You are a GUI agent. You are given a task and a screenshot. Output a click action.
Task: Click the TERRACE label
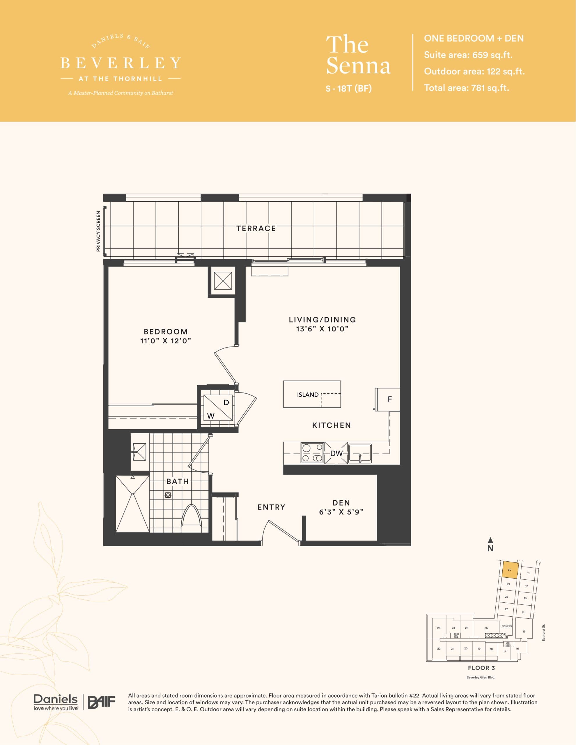click(256, 228)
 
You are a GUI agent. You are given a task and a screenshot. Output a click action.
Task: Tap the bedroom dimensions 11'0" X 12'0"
click(166, 341)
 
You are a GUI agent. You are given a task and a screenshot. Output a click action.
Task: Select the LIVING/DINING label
click(322, 320)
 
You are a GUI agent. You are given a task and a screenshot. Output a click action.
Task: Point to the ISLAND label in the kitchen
click(307, 395)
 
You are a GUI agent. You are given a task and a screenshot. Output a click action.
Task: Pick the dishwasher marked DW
click(336, 453)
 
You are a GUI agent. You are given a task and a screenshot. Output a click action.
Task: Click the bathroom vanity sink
click(139, 452)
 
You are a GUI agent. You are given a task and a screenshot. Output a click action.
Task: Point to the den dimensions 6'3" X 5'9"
click(341, 512)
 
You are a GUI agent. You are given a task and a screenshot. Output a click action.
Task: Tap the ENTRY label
click(271, 507)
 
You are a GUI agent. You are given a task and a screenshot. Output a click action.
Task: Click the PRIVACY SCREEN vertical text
click(98, 231)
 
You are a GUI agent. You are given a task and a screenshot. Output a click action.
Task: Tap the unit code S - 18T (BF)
click(348, 89)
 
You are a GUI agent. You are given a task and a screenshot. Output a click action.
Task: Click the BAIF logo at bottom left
click(102, 702)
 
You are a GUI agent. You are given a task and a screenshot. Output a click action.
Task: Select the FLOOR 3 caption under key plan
click(481, 668)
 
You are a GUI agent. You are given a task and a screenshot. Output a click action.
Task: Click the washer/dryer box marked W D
click(218, 408)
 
